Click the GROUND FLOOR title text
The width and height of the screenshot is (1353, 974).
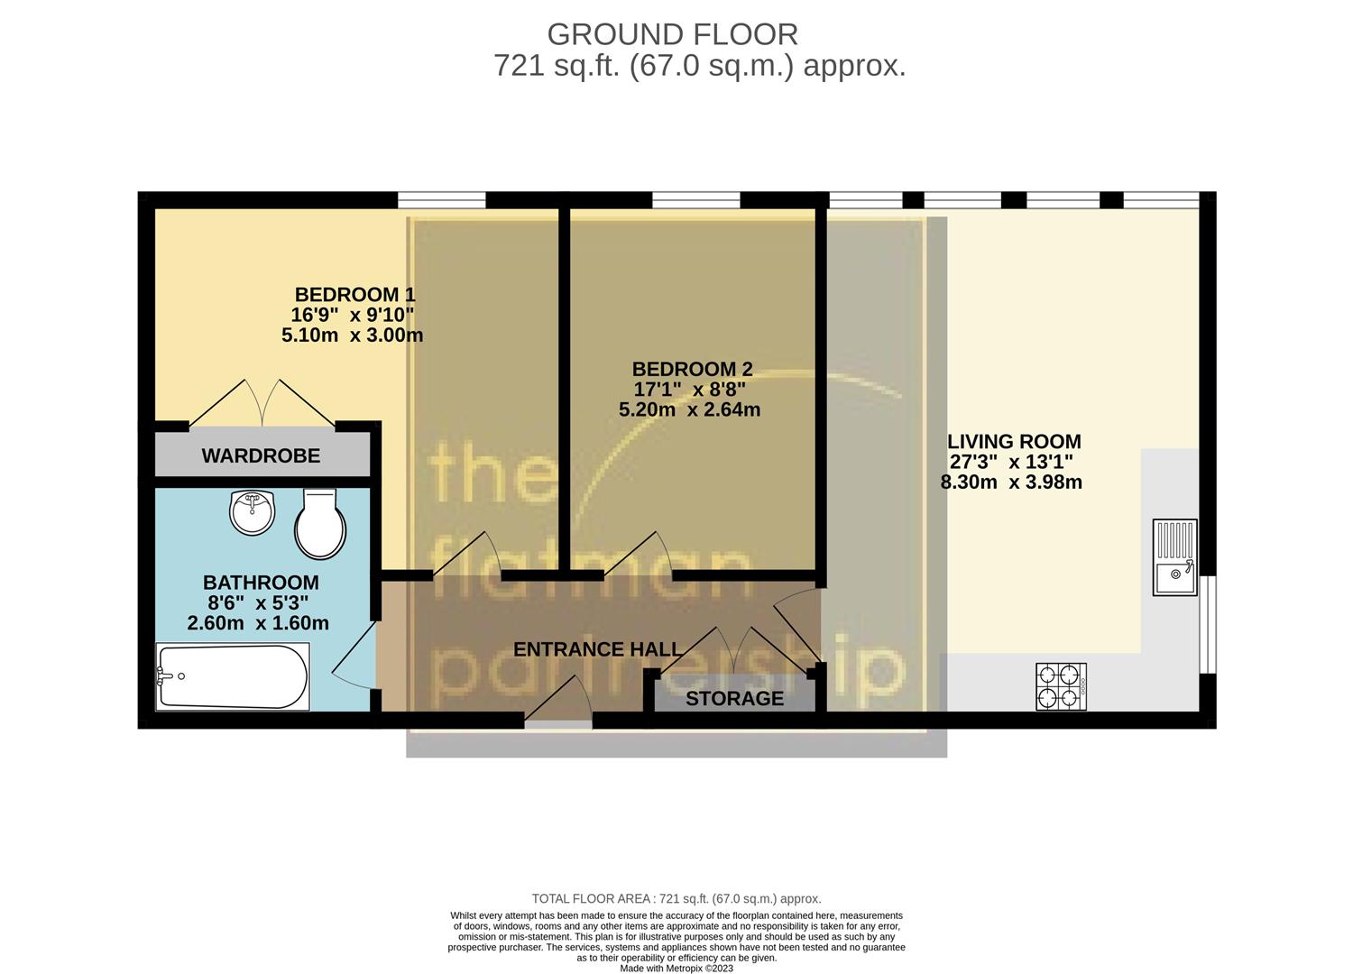coord(672,34)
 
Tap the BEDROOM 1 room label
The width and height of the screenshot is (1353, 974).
coord(354,295)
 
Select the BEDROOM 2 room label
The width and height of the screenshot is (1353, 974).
coord(692,369)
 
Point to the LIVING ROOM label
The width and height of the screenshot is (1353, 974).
coord(1014,442)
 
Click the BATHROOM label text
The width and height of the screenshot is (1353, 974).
coord(261,583)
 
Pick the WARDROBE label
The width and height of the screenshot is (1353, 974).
coord(261,455)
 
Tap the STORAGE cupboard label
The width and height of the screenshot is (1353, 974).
coord(734,698)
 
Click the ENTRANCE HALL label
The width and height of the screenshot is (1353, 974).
coord(597,649)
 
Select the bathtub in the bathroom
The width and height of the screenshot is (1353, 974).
coord(233,675)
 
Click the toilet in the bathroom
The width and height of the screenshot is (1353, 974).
coord(319,524)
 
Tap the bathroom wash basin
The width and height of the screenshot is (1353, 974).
coord(252,512)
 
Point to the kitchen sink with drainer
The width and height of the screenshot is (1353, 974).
coord(1174,556)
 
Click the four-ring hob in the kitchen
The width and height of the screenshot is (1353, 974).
coord(1061,686)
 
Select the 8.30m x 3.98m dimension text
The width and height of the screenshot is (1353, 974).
coord(1011,482)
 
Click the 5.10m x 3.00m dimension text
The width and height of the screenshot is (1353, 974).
coord(352,335)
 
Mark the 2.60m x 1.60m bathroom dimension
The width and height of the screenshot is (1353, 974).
coord(258,623)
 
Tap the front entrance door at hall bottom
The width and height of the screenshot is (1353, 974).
coord(558,720)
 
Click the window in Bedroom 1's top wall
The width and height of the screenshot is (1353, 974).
coord(442,199)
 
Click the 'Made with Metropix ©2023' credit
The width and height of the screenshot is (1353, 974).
coord(676,969)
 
